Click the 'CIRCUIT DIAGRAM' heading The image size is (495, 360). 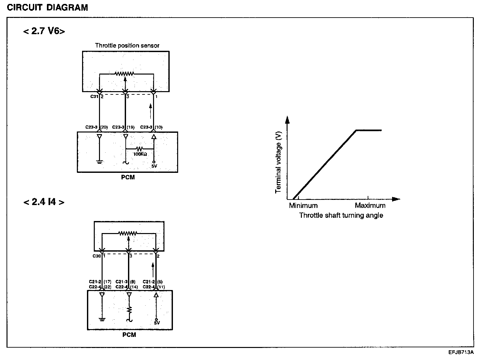(x=48, y=8)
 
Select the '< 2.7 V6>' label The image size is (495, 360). (x=44, y=31)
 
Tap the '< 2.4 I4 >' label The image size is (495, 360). (x=44, y=202)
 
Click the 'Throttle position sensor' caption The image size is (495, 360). (x=127, y=46)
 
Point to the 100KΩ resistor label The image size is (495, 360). (x=140, y=154)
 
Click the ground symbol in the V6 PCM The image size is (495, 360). (x=100, y=162)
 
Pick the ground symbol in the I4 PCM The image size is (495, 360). (x=102, y=319)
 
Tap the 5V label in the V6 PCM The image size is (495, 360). (x=154, y=166)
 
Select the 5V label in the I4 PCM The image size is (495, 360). (x=157, y=323)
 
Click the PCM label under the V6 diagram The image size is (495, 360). (x=127, y=177)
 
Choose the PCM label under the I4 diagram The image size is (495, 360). (x=129, y=335)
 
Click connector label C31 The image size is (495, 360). (x=94, y=97)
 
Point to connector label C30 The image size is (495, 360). (x=96, y=256)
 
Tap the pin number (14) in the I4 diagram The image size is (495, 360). (x=134, y=287)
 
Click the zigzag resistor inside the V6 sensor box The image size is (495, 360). (x=124, y=74)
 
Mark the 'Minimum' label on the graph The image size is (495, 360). (x=303, y=206)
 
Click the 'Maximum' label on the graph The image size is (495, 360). (x=370, y=206)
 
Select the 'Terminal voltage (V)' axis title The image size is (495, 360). (x=278, y=162)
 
